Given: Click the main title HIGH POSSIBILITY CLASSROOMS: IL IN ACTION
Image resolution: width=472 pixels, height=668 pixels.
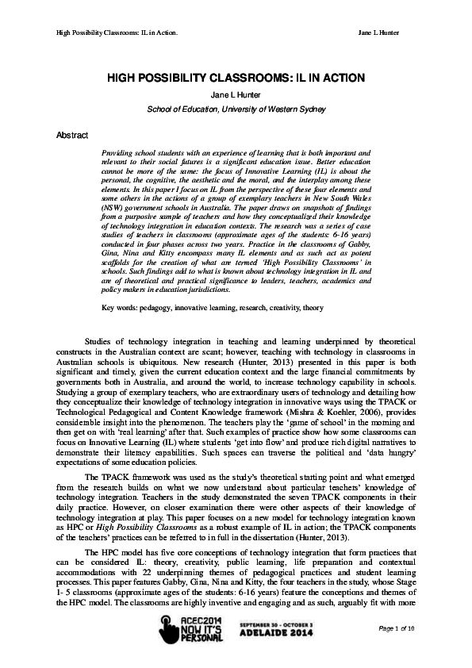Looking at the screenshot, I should coord(235,78).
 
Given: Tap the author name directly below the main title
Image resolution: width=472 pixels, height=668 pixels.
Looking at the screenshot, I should coord(235,94).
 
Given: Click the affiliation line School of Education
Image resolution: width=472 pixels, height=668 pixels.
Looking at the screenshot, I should coord(235,108).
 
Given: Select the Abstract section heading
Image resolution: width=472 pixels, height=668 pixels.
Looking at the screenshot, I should coord(71,136).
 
